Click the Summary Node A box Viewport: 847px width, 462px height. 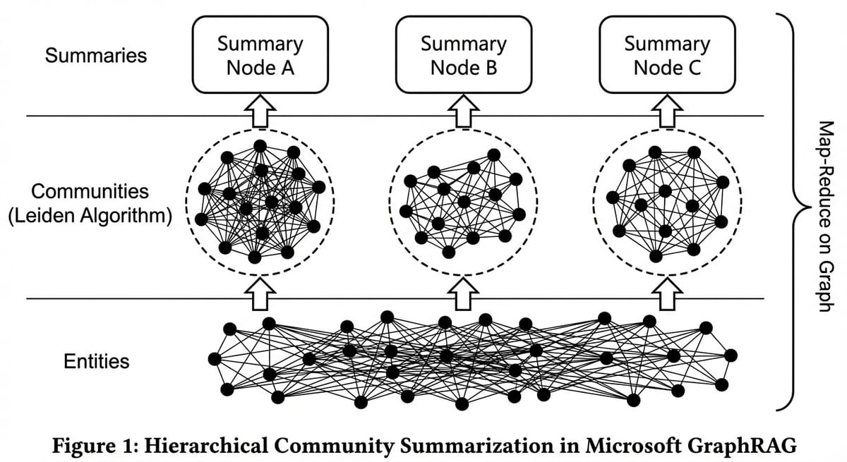(260, 56)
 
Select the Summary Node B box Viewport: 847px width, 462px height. (464, 56)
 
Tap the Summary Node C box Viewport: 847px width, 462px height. (667, 56)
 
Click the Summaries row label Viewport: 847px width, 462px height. (96, 56)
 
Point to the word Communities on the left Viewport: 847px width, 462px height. (90, 191)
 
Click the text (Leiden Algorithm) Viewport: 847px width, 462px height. (90, 215)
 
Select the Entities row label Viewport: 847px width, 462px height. (97, 362)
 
